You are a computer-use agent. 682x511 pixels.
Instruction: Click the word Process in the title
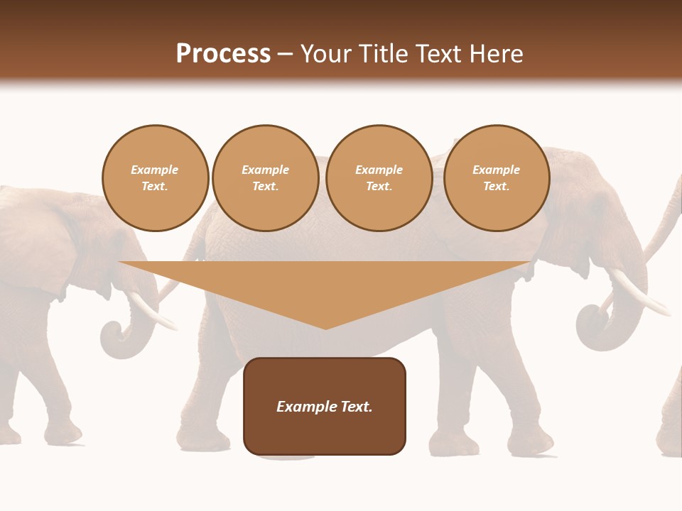click(x=223, y=54)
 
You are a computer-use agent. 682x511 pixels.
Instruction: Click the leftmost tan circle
click(x=155, y=178)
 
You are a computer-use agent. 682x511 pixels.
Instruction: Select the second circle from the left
click(x=265, y=178)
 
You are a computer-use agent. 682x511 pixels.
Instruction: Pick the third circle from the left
click(x=379, y=178)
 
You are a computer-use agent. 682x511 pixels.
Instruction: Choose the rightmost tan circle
click(x=496, y=178)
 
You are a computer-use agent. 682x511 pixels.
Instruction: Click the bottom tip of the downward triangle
click(x=325, y=328)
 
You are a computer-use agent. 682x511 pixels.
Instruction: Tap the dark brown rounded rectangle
click(x=325, y=433)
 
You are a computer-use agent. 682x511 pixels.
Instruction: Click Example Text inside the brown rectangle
click(x=325, y=407)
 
